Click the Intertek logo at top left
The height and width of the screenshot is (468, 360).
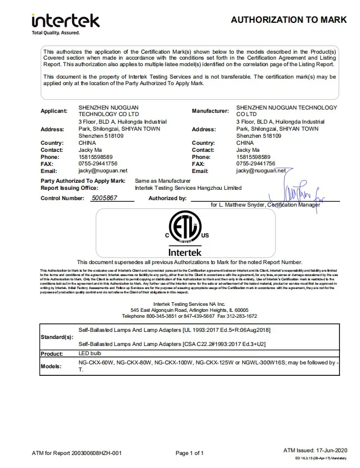coord(65,21)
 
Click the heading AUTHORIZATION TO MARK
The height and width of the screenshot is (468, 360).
coord(288,20)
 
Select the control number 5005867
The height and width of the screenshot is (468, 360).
coord(104,198)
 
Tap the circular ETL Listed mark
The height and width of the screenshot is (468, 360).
coord(184,229)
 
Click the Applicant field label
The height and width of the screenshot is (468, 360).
coord(54,111)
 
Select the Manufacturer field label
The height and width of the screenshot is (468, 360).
coord(210,111)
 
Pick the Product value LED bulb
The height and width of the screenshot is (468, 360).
coord(91,353)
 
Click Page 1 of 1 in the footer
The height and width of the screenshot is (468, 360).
coord(190,453)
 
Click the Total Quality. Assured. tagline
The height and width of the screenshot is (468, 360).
coord(56,33)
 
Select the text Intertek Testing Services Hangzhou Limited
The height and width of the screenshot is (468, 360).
coord(188,188)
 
